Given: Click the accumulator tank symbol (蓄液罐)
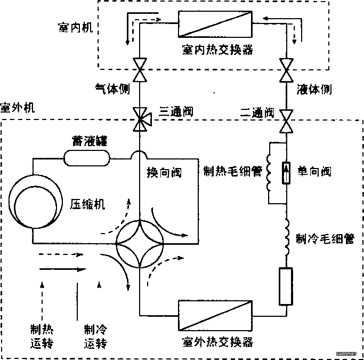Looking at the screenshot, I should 86,157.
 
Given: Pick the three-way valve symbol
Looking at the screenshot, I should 140,118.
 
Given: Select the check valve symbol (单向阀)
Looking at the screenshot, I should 286,173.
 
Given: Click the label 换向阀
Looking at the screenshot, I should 164,174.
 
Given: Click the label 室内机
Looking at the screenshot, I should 74,27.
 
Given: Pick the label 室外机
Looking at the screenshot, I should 17,108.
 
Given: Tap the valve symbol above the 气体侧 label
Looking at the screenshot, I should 140,69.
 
